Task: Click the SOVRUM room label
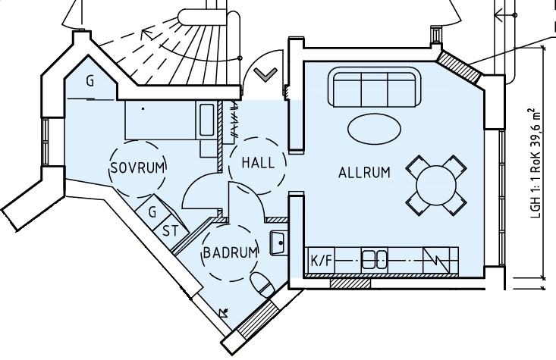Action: point(138,167)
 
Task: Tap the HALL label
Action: point(258,163)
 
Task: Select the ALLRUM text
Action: point(364,173)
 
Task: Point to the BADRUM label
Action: point(230,253)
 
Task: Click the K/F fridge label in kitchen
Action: point(322,261)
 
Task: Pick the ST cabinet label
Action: point(171,231)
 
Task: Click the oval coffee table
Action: point(375,130)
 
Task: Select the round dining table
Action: point(436,186)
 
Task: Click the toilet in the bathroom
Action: point(262,284)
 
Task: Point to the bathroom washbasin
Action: point(278,243)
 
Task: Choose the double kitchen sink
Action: point(374,260)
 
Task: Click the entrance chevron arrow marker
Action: point(265,75)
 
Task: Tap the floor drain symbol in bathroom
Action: point(224,312)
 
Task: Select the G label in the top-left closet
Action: point(90,82)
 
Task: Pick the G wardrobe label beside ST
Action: point(152,212)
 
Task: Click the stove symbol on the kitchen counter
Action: point(436,261)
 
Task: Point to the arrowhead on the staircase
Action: point(148,34)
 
